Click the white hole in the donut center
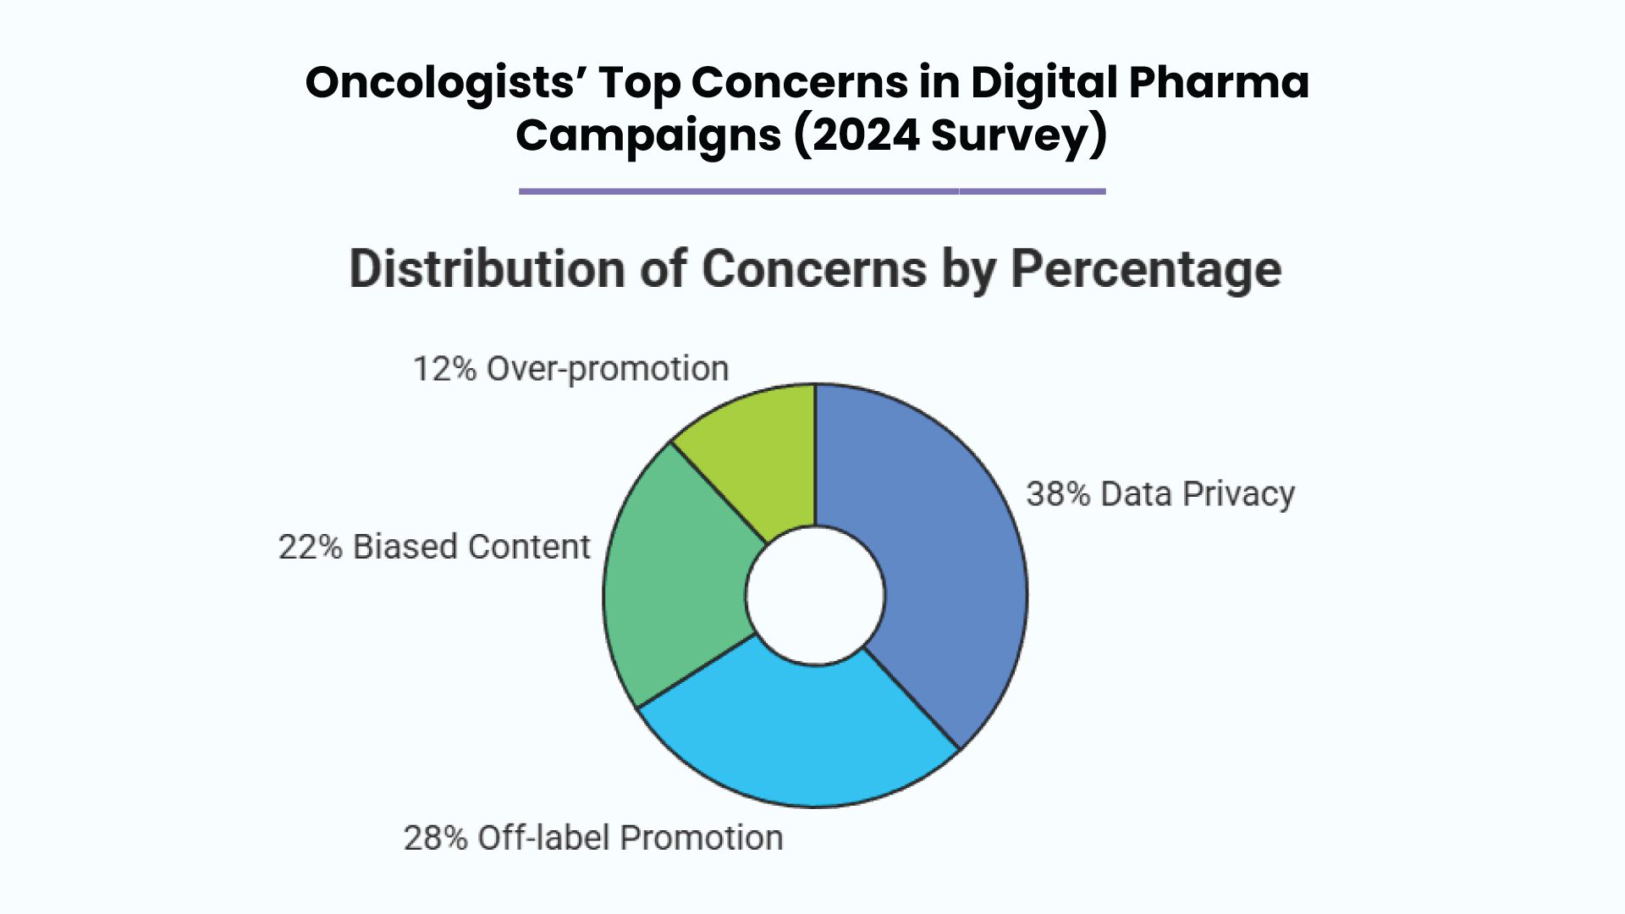[815, 595]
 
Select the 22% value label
[310, 547]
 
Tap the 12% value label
[444, 369]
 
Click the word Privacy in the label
[1238, 494]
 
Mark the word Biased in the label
[405, 547]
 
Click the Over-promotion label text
[607, 369]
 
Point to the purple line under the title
[812, 191]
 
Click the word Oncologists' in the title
[444, 83]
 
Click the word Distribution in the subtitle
[487, 270]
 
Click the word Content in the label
[529, 547]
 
